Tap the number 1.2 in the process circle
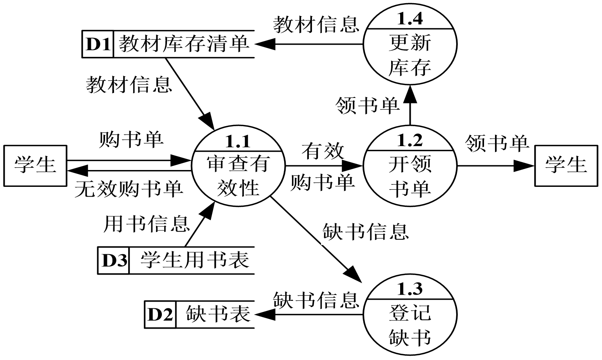(410, 140)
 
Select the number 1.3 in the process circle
(410, 289)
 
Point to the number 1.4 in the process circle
(410, 18)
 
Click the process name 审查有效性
(238, 175)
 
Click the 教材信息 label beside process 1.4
(316, 25)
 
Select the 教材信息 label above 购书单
(129, 85)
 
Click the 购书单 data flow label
(131, 140)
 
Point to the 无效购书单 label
(128, 189)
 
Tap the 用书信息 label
(146, 224)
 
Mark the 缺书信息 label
(365, 232)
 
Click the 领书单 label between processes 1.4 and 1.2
(367, 106)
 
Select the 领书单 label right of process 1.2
(497, 144)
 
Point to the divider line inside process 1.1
(238, 151)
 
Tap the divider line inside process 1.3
(410, 299)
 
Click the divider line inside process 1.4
(410, 29)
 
